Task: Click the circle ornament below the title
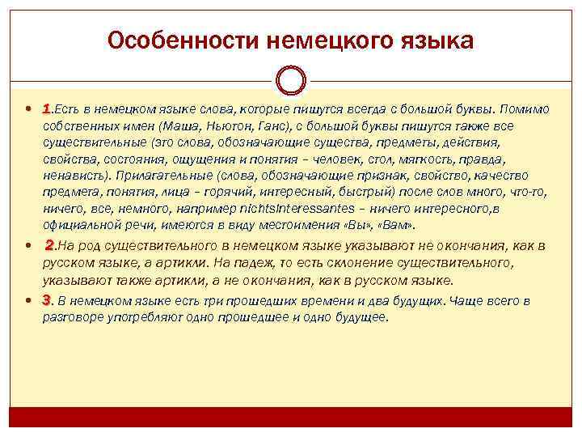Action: (x=290, y=81)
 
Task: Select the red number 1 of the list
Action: (x=47, y=109)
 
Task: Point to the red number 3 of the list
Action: (x=47, y=301)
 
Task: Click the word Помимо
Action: (x=525, y=109)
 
